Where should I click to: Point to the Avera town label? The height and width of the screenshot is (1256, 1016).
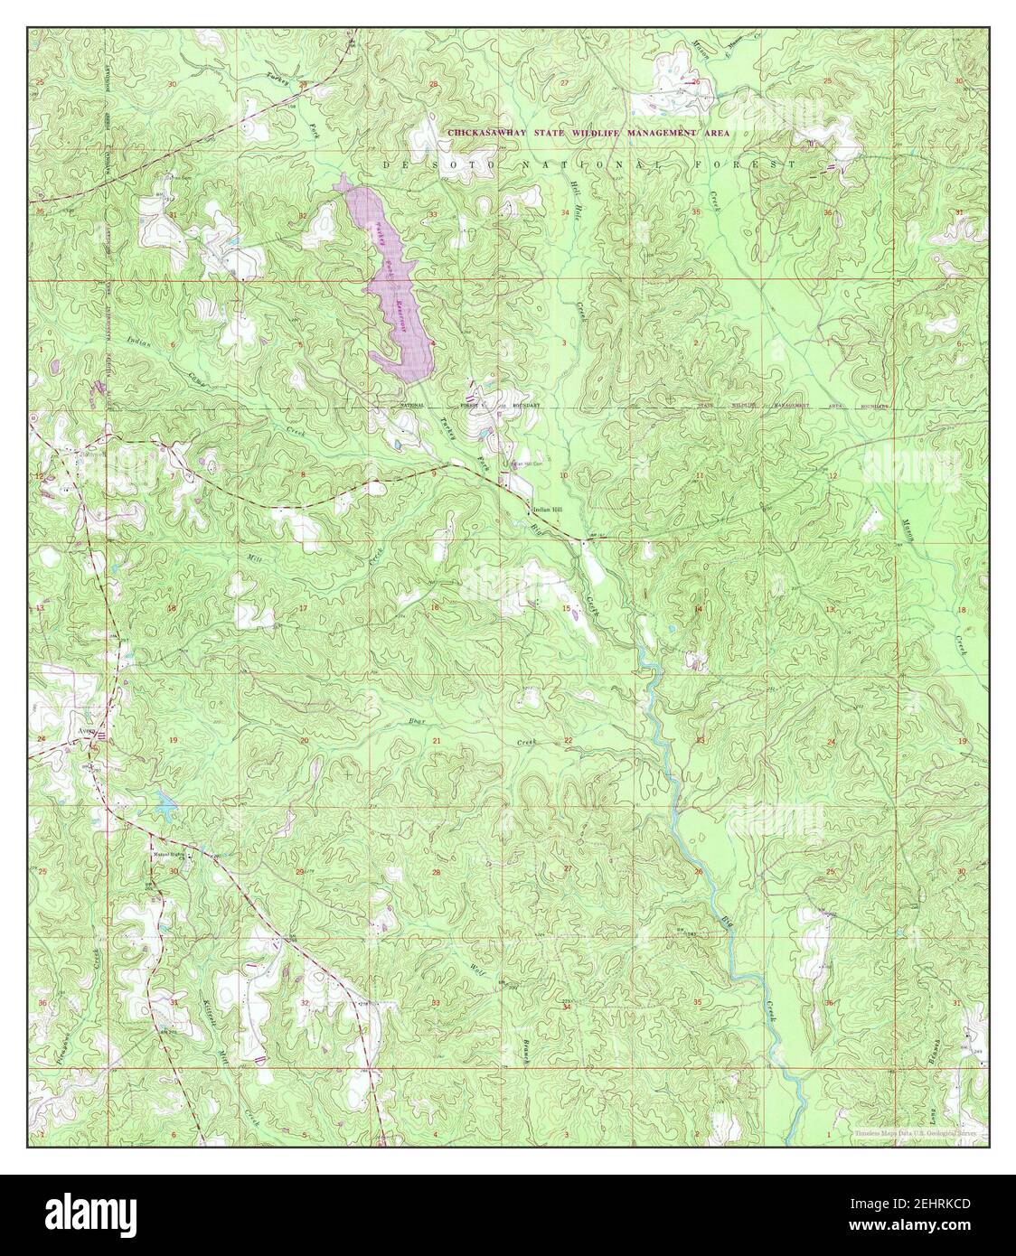pyautogui.click(x=87, y=733)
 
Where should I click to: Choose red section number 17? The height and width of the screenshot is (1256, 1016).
pyautogui.click(x=304, y=608)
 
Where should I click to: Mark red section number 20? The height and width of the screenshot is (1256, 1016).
pyautogui.click(x=304, y=741)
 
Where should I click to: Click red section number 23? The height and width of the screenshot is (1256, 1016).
pyautogui.click(x=700, y=741)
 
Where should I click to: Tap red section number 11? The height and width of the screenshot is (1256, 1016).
pyautogui.click(x=700, y=475)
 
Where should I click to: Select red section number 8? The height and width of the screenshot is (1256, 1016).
pyautogui.click(x=304, y=475)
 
